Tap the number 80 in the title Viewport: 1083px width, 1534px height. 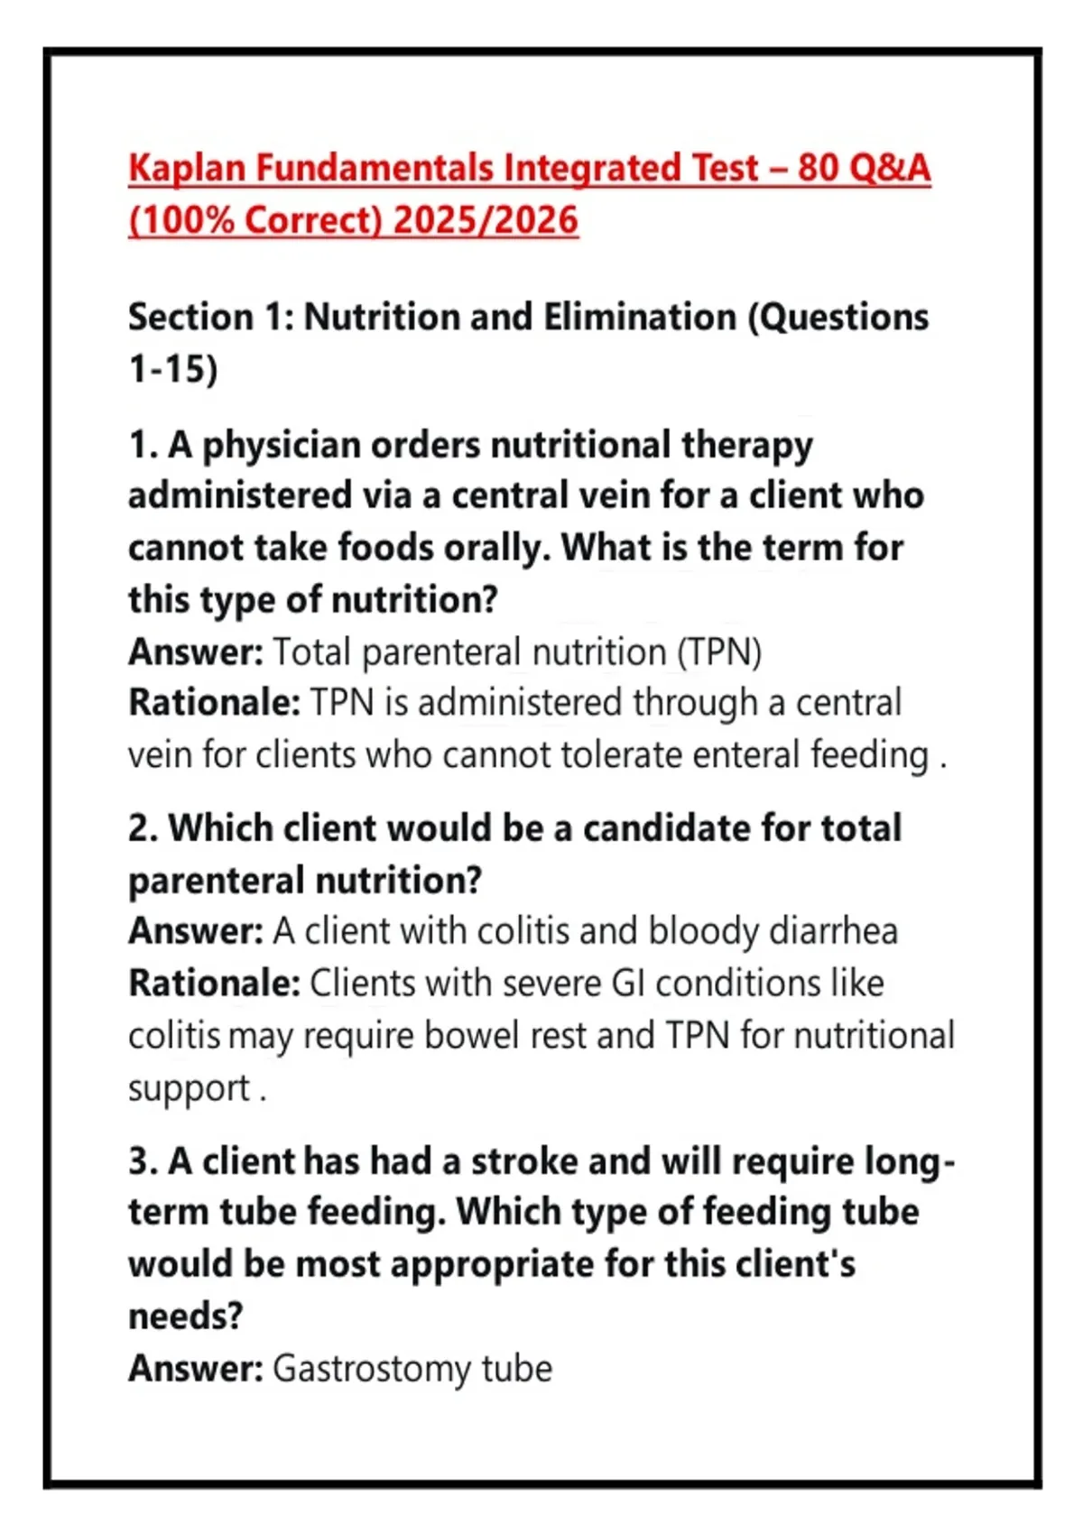pyautogui.click(x=818, y=168)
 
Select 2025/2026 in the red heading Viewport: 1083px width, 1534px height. pyautogui.click(x=486, y=220)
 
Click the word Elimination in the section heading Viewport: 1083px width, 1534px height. pyautogui.click(x=640, y=318)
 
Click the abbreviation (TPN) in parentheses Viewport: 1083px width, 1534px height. pyautogui.click(x=719, y=651)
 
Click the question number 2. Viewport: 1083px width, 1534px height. pyautogui.click(x=142, y=828)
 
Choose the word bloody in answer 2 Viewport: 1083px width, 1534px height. pyautogui.click(x=703, y=931)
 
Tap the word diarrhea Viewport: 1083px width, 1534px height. pyautogui.click(x=833, y=931)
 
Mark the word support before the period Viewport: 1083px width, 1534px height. pyautogui.click(x=189, y=1089)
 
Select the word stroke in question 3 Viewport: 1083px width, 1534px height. pyautogui.click(x=523, y=1161)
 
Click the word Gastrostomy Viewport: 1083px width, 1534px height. pyautogui.click(x=372, y=1369)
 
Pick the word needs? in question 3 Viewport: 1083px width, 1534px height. pyautogui.click(x=185, y=1317)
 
